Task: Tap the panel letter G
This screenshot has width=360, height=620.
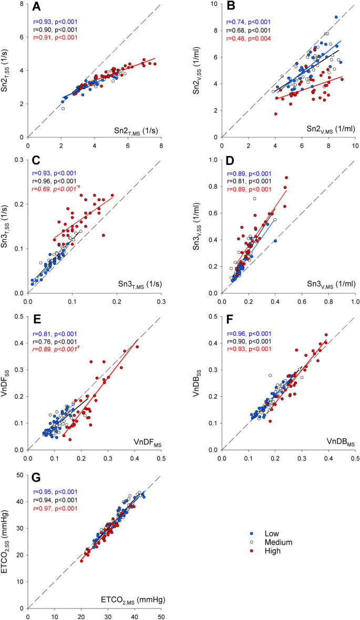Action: [x=36, y=478]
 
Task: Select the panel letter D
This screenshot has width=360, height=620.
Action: [x=230, y=163]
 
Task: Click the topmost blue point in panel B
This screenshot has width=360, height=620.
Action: [x=336, y=17]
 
